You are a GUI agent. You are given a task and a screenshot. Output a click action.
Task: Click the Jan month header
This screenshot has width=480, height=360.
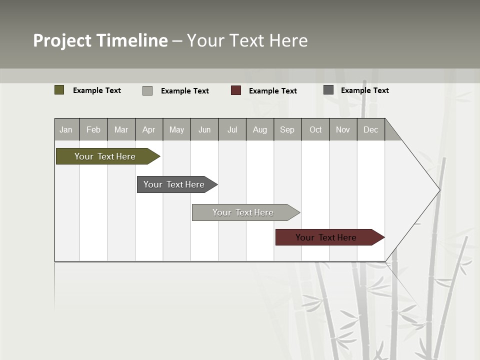pyautogui.click(x=66, y=130)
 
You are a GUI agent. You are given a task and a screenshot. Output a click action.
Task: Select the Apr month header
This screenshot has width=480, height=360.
pyautogui.click(x=148, y=130)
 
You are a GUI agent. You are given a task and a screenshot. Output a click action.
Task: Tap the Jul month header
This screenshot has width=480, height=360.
pyautogui.click(x=232, y=130)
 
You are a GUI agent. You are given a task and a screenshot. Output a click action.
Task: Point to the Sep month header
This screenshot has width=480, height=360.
pyautogui.click(x=287, y=130)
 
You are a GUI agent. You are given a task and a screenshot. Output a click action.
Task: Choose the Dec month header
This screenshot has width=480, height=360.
pyautogui.click(x=370, y=130)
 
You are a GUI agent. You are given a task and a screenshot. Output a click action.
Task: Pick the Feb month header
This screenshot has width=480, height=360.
pyautogui.click(x=93, y=130)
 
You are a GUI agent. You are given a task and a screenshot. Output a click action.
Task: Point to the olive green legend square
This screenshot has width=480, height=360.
pyautogui.click(x=59, y=90)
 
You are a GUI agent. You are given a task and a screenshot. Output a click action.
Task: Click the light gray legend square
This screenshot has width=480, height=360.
pyautogui.click(x=147, y=90)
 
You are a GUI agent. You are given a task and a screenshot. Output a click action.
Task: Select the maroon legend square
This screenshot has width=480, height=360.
pyautogui.click(x=236, y=90)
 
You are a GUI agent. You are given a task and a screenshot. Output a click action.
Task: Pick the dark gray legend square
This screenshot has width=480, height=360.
pyautogui.click(x=328, y=90)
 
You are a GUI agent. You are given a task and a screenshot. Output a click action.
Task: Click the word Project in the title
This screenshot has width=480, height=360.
pyautogui.click(x=62, y=40)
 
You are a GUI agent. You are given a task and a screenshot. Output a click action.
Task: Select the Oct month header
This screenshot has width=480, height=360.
pyautogui.click(x=315, y=130)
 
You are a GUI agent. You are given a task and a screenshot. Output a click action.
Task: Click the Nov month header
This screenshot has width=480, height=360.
pyautogui.click(x=343, y=130)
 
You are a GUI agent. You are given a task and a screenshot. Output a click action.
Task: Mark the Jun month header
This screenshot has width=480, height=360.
pyautogui.click(x=204, y=130)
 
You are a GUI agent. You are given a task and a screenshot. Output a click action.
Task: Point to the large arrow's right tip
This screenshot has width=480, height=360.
pyautogui.click(x=439, y=190)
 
